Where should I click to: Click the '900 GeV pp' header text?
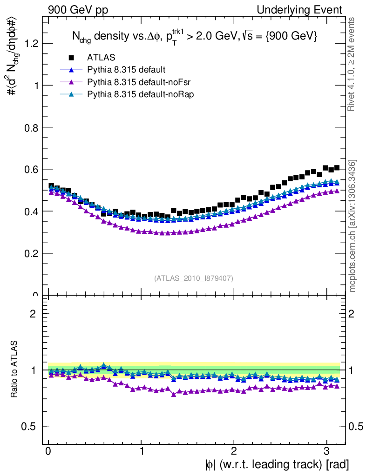(77, 10)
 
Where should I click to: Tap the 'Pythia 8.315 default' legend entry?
(126, 70)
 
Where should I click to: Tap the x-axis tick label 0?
(49, 451)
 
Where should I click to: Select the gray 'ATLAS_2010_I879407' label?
(194, 278)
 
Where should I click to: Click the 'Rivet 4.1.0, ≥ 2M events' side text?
(352, 64)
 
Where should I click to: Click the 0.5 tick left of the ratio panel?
(32, 426)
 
